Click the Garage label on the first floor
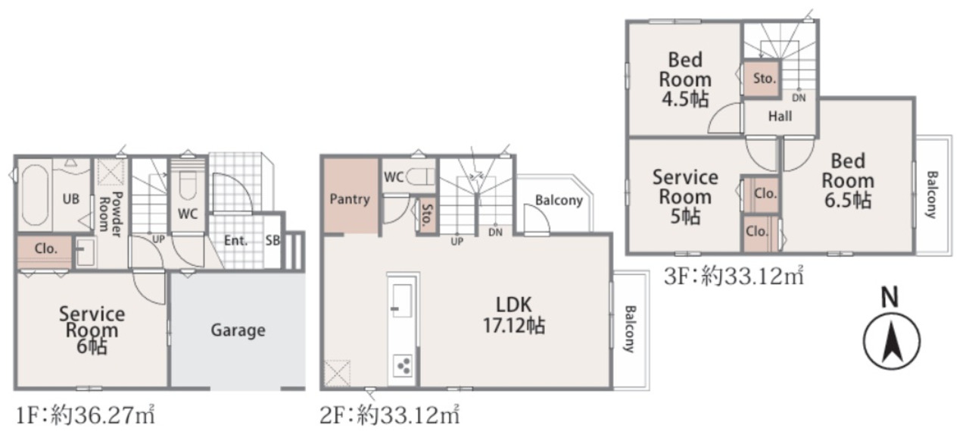click(x=238, y=330)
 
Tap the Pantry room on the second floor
click(x=351, y=195)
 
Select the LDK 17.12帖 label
click(x=513, y=315)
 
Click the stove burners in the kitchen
click(x=403, y=365)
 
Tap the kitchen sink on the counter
click(x=402, y=300)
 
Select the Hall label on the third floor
click(x=780, y=116)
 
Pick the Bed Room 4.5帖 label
click(x=685, y=80)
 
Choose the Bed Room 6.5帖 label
click(x=848, y=181)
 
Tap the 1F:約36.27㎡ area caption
click(x=86, y=416)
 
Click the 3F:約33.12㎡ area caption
click(x=734, y=276)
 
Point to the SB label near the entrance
click(x=273, y=240)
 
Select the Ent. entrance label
click(x=235, y=240)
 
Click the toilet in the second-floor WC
click(x=419, y=177)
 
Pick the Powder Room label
click(x=111, y=214)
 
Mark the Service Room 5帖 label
click(x=685, y=197)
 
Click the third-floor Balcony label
click(x=932, y=195)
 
